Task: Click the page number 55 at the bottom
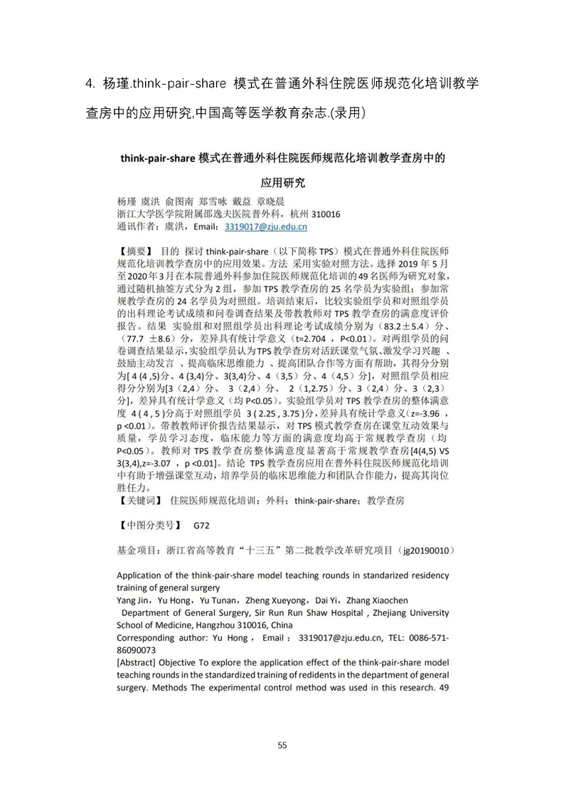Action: coord(282,745)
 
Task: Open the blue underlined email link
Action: coord(265,227)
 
